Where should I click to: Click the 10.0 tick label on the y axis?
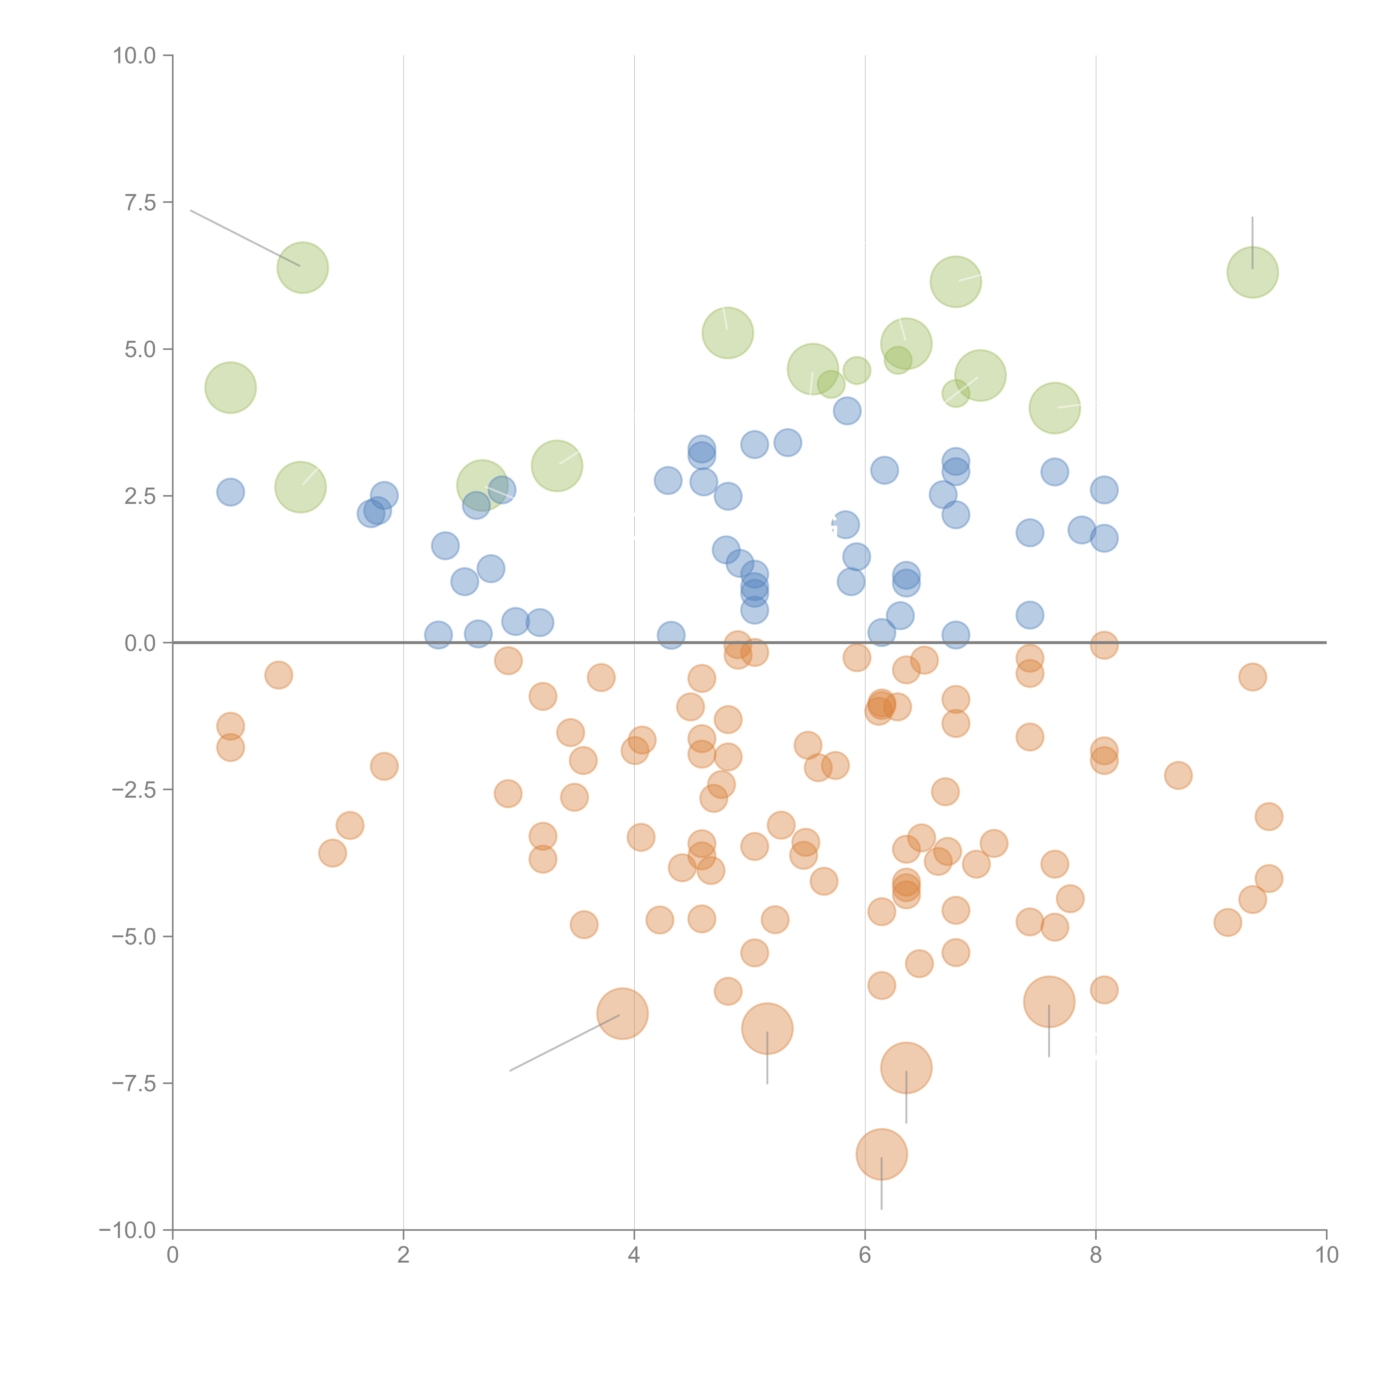point(135,56)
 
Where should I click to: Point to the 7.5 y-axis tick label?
point(140,202)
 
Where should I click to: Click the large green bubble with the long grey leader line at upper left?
point(303,268)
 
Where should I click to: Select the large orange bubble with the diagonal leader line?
point(622,1013)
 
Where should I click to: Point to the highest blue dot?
point(847,411)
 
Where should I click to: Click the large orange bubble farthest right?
point(1049,1001)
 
